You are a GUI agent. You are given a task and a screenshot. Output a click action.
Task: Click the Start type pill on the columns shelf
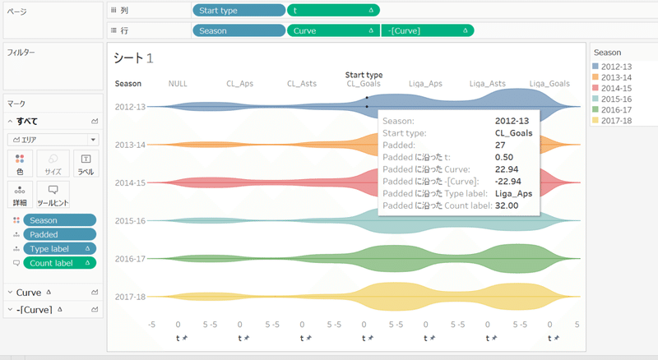[x=238, y=12]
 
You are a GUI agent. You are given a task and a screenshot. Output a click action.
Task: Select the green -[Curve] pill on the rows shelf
[x=426, y=30]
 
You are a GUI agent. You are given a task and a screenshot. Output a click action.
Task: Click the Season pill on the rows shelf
[x=238, y=30]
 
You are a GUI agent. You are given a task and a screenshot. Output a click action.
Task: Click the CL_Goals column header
[x=364, y=83]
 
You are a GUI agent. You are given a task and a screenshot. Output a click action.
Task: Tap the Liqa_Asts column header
[x=487, y=83]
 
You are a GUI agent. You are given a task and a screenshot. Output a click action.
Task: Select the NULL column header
[x=178, y=83]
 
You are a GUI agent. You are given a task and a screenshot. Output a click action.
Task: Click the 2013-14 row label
[x=130, y=145]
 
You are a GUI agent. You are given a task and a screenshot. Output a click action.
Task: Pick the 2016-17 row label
[x=130, y=259]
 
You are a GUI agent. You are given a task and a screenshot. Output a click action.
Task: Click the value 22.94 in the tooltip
[x=507, y=168]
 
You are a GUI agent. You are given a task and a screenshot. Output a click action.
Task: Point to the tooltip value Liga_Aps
[x=514, y=193]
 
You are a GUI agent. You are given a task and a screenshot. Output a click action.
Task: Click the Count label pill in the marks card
[x=58, y=263]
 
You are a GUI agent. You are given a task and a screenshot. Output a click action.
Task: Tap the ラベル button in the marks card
[x=86, y=163]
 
